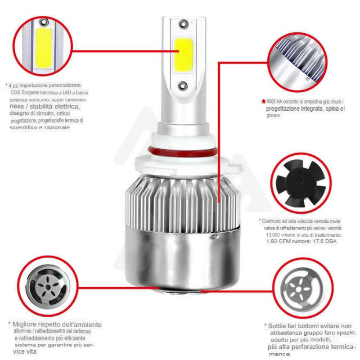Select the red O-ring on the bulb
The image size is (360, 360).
[x=182, y=149]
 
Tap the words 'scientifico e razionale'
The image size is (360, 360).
[x=40, y=128]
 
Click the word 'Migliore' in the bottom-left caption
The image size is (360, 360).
[x=27, y=324]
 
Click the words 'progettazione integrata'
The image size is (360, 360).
[x=293, y=109]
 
